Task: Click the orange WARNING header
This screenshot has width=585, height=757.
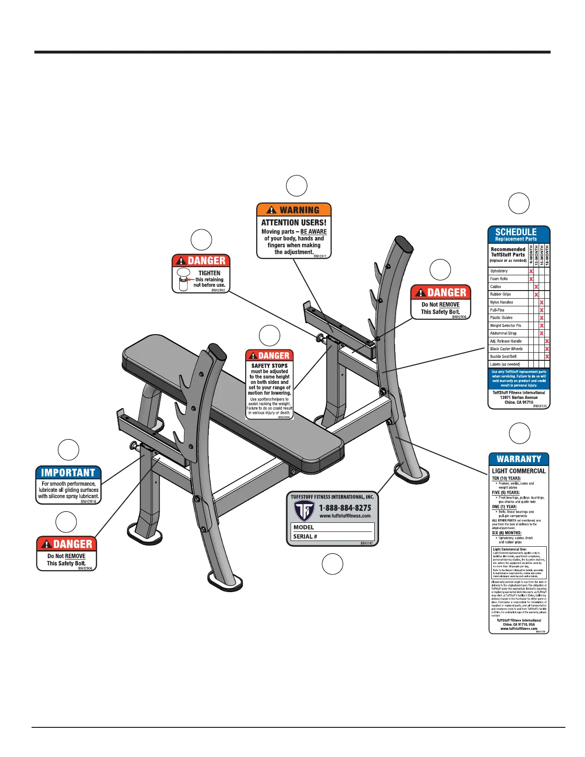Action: coord(294,210)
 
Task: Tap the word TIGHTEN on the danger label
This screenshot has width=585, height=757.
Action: coord(209,273)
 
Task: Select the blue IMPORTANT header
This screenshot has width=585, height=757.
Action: coord(68,473)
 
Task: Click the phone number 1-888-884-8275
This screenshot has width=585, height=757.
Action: coord(345,508)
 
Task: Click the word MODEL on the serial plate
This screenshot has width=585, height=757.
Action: coord(304,527)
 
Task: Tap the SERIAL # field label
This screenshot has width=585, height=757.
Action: coord(305,536)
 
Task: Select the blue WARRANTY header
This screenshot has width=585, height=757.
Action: coord(519,459)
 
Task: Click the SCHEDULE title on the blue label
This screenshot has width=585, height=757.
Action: coord(516,232)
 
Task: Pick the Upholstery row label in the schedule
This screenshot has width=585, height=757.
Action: coord(499,271)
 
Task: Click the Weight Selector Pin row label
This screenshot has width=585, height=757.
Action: coord(506,325)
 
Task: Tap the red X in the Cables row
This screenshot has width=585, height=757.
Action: coord(536,287)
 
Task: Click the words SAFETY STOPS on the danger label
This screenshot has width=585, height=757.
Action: coord(270,366)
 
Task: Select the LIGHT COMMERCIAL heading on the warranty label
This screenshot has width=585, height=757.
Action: coord(519,471)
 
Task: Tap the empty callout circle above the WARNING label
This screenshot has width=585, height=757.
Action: coord(296,185)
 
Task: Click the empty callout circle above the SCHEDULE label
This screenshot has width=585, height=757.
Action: coord(519,203)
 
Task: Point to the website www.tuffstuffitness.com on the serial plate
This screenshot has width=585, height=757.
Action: coord(345,516)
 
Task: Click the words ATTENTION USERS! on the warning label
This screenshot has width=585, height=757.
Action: coord(294,222)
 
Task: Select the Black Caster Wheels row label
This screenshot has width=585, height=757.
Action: coord(506,349)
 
